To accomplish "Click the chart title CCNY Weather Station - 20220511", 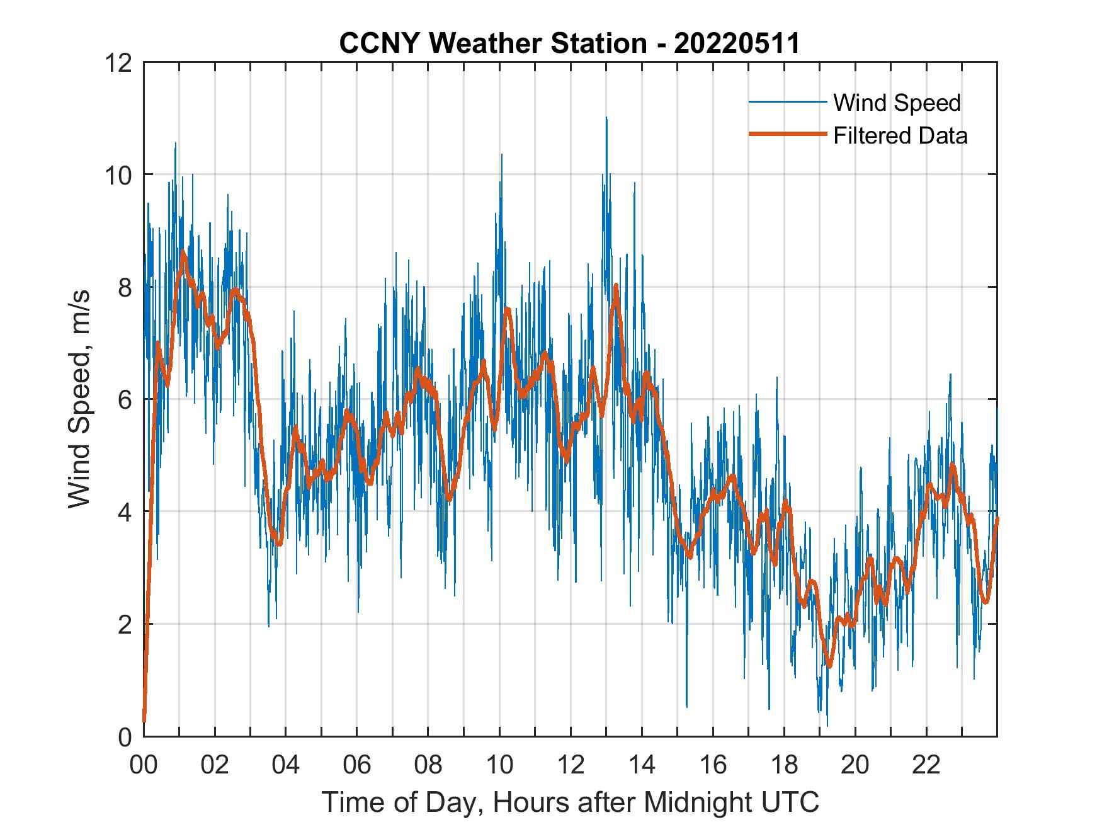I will (x=569, y=43).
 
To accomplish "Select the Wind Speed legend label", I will (x=897, y=103).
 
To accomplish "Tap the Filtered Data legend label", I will (x=900, y=135).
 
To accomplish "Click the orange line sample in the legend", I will (x=787, y=135).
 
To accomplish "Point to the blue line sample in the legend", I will (x=787, y=102).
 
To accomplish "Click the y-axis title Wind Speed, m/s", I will (x=80, y=398).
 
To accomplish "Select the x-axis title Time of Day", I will (x=571, y=802).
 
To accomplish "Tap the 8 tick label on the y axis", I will (x=124, y=287).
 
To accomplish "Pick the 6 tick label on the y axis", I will (x=124, y=399).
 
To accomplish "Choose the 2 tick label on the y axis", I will (x=124, y=624).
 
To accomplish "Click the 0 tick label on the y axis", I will (x=124, y=736).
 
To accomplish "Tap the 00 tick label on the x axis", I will (x=144, y=765).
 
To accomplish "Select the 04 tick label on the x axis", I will (x=286, y=765).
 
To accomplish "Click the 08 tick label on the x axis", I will (x=428, y=765).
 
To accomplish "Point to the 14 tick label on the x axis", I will (x=642, y=765).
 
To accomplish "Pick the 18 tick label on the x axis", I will (x=784, y=765).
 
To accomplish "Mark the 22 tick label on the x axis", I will (x=926, y=765).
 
